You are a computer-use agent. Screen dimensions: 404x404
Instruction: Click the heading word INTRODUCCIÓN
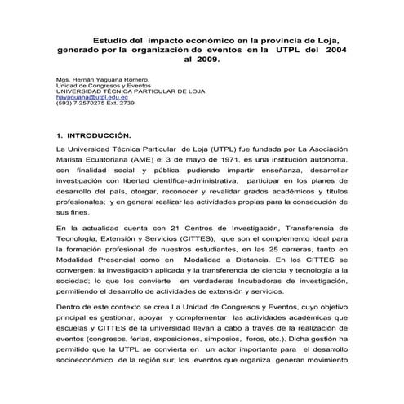95,133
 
